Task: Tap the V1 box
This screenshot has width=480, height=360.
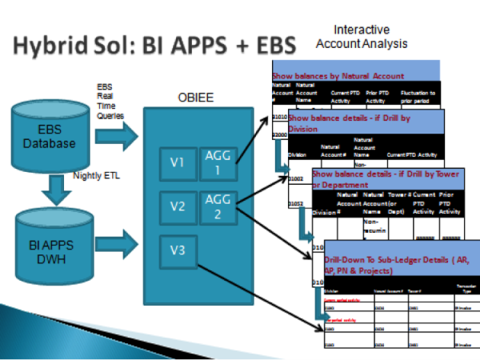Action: pos(177,163)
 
